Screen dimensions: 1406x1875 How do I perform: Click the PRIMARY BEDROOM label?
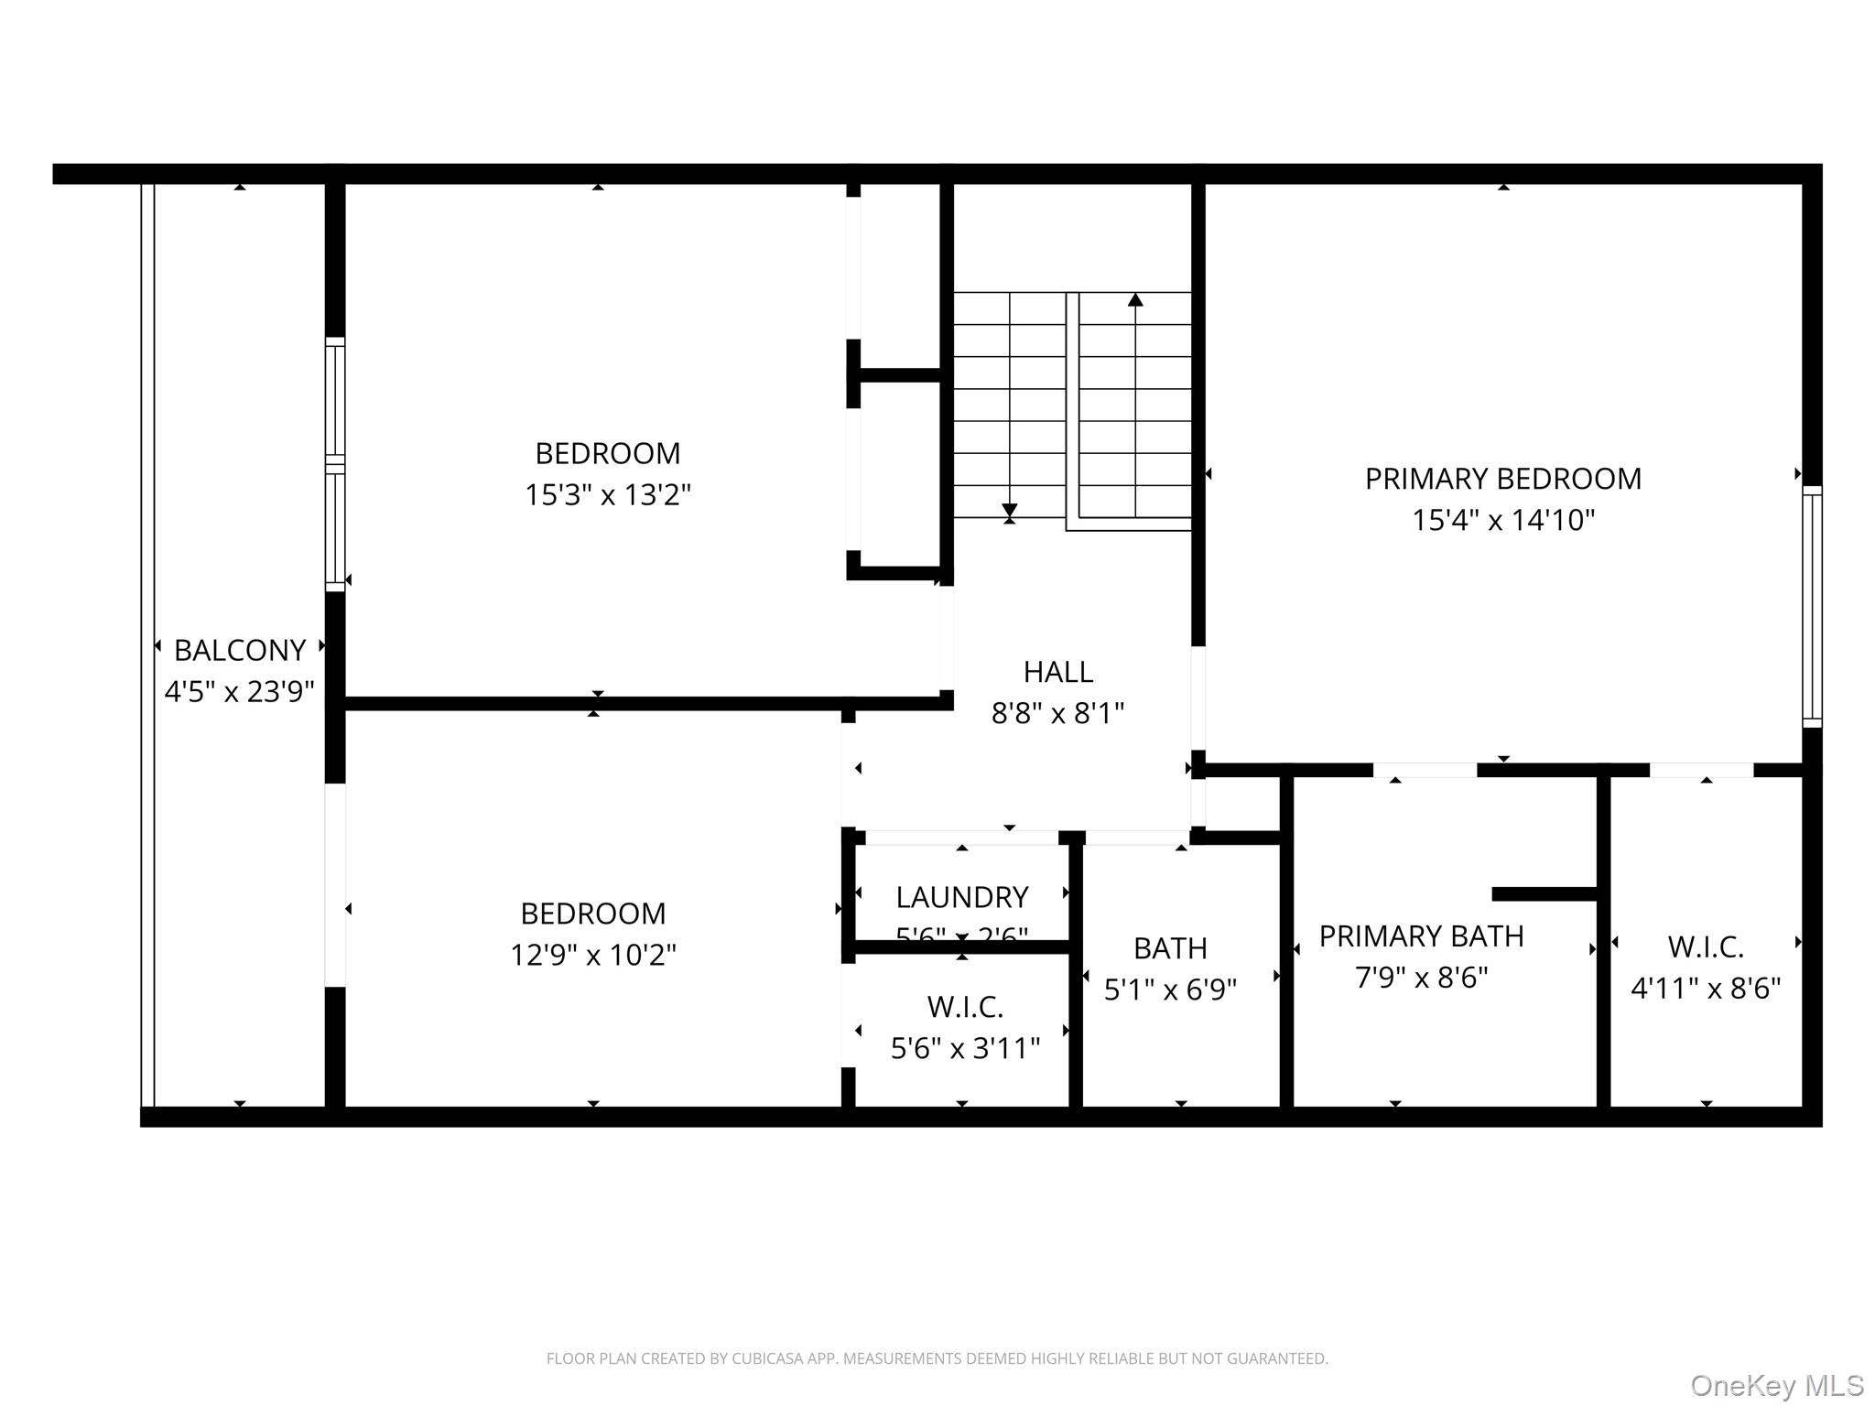point(1502,479)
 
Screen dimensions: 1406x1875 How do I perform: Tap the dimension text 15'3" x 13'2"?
point(607,495)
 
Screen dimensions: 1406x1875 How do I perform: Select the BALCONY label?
point(240,650)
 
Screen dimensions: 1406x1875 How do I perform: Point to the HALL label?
point(1057,672)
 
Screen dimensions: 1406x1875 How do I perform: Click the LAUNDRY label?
point(961,897)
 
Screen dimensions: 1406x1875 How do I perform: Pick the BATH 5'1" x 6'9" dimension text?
point(1170,990)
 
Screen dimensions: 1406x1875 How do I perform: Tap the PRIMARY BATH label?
point(1421,936)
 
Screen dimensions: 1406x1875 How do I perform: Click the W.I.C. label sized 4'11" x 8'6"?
point(1705,946)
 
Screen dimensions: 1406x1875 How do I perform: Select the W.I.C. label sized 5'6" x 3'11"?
point(965,1007)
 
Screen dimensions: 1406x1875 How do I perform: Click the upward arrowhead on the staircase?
point(1135,299)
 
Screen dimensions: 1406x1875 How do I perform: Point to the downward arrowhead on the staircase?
point(1010,510)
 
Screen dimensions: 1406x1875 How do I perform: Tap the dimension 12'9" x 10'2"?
point(592,955)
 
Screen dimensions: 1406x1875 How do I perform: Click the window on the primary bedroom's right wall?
point(1812,607)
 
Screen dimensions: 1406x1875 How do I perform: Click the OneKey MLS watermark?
point(1777,1385)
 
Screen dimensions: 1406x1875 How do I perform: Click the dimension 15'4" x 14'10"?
point(1502,520)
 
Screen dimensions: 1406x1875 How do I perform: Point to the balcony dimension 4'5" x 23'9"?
point(240,691)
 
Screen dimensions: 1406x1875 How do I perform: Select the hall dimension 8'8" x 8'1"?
point(1057,713)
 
